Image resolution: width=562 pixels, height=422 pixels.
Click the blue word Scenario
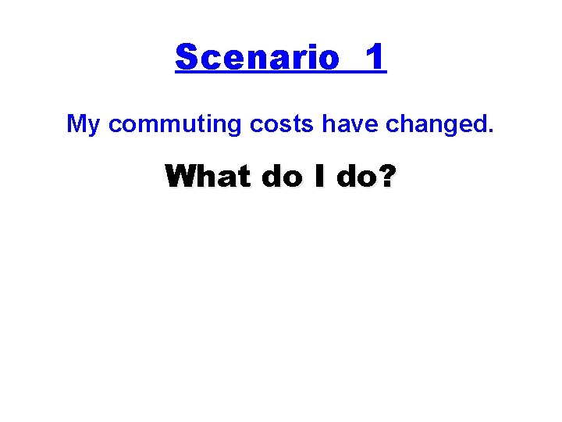click(257, 58)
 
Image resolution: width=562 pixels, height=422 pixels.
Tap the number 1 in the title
click(375, 58)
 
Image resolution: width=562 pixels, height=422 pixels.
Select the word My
click(84, 124)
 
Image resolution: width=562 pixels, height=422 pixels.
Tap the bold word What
click(208, 177)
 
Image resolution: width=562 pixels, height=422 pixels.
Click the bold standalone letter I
click(320, 177)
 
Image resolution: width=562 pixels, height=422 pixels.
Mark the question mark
click(386, 177)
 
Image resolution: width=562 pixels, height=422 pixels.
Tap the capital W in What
click(182, 177)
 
